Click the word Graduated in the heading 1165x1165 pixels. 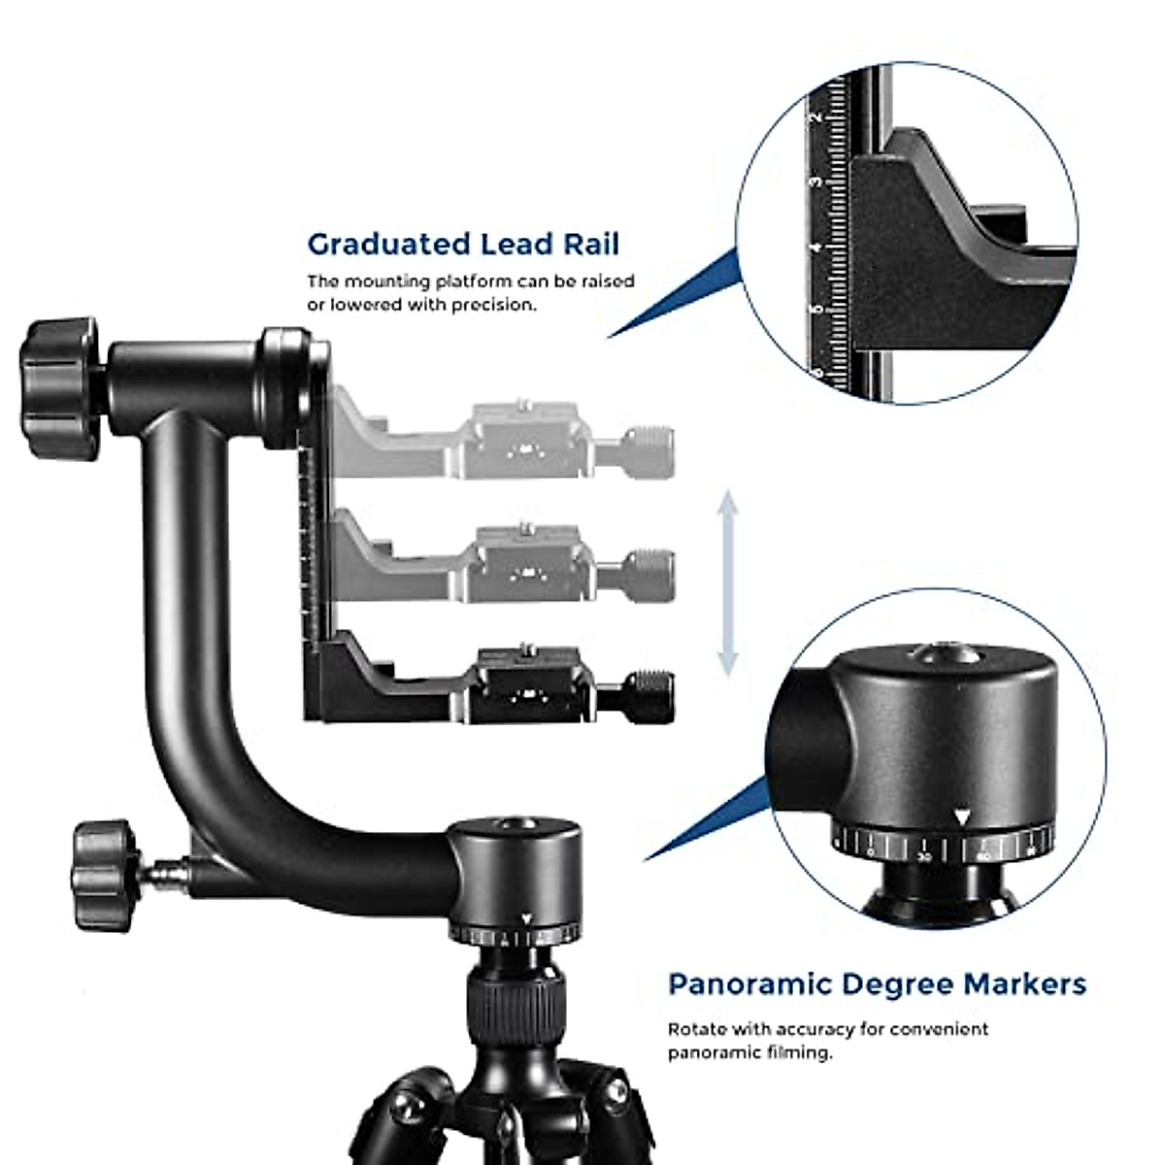(x=387, y=244)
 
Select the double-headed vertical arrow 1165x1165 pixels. (x=727, y=583)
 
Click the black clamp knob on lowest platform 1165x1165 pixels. (x=649, y=695)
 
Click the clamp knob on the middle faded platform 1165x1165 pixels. (x=649, y=575)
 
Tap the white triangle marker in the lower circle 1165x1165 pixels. (x=960, y=817)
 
